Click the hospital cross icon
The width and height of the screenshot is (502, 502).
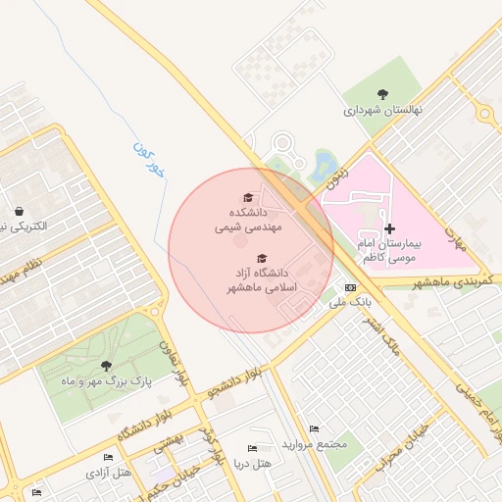[x=390, y=227]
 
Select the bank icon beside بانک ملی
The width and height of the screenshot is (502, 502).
[x=351, y=287]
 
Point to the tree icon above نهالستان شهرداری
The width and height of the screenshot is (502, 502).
[x=382, y=95]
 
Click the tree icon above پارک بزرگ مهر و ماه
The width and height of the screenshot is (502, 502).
[x=107, y=366]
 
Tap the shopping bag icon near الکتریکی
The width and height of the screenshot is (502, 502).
[x=20, y=211]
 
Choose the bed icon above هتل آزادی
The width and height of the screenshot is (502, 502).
[x=108, y=458]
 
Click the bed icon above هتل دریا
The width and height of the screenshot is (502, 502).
[x=252, y=448]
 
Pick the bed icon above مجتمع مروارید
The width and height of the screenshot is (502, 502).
[x=314, y=429]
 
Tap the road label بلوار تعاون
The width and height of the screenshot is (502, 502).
[x=179, y=362]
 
